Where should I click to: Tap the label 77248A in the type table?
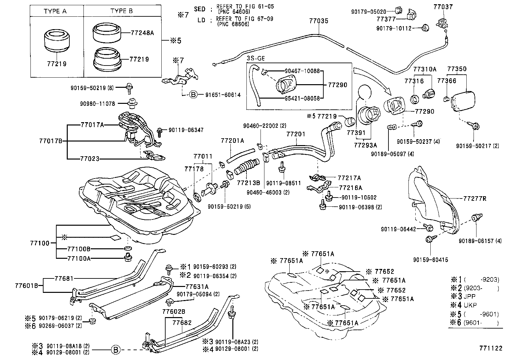pos(142,33)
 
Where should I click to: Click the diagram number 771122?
pos(491,348)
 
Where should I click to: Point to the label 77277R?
pos(475,198)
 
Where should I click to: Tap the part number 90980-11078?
pos(97,104)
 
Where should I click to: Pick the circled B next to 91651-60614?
pos(193,95)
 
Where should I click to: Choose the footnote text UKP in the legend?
pos(470,305)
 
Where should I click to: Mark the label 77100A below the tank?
pos(79,258)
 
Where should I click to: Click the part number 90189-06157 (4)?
pos(480,241)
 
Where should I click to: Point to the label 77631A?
pos(197,286)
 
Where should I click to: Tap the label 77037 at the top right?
pos(443,7)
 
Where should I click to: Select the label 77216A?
pos(350,188)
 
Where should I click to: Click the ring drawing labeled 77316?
pos(415,98)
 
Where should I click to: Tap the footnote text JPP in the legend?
pos(470,296)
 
